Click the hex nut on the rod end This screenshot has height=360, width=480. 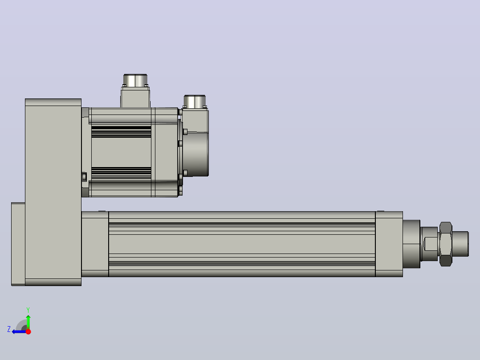coord(446,244)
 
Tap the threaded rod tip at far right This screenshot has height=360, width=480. coord(460,244)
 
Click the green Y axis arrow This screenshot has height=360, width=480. coord(28,322)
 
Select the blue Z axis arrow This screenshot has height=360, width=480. coord(19,331)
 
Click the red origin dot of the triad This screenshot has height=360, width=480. coord(28,331)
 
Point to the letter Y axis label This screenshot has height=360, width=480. coord(28,310)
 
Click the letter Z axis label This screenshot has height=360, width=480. coord(9,329)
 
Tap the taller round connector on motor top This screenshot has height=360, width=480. coord(135,80)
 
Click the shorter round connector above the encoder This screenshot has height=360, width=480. coord(195,102)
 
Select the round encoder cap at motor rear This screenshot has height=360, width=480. coord(196,154)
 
